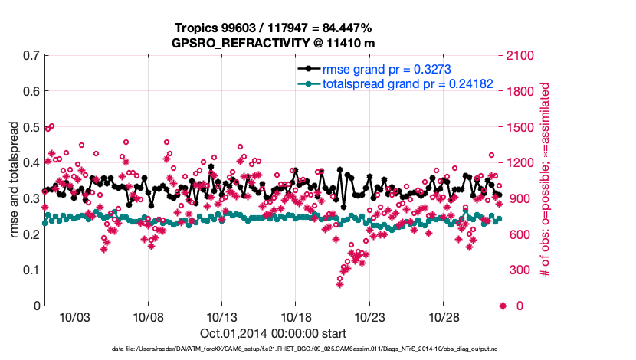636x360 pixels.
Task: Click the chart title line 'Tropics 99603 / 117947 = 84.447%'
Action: [272, 28]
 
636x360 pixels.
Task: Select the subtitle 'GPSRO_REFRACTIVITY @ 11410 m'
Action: [272, 43]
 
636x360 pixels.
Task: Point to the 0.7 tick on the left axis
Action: [31, 56]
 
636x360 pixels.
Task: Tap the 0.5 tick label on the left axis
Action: [31, 127]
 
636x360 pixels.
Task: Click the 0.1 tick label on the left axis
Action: [31, 270]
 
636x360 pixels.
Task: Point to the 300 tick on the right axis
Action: [519, 270]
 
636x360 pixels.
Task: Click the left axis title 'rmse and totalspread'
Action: [14, 181]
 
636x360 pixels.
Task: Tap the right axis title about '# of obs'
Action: [546, 181]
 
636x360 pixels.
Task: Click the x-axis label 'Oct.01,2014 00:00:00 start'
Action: [273, 333]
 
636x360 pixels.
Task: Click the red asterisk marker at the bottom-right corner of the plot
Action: [503, 306]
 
